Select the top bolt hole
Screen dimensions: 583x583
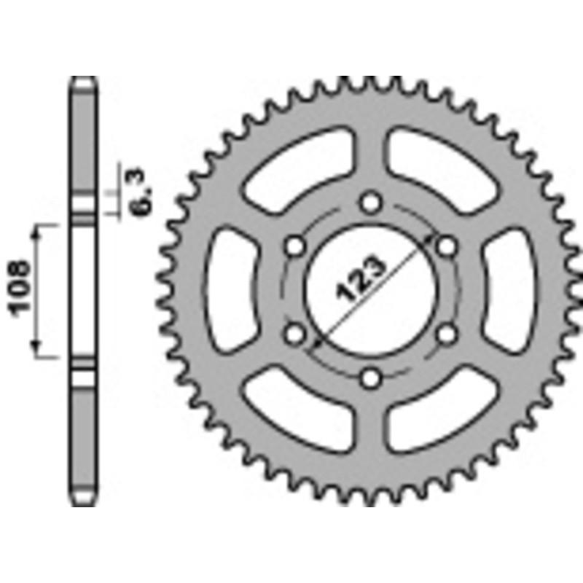pos(372,202)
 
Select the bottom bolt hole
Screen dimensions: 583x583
pos(372,378)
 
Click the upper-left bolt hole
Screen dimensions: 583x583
pos(295,246)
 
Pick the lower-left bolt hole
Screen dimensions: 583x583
pos(295,334)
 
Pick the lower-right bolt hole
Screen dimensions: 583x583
pos(447,334)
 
